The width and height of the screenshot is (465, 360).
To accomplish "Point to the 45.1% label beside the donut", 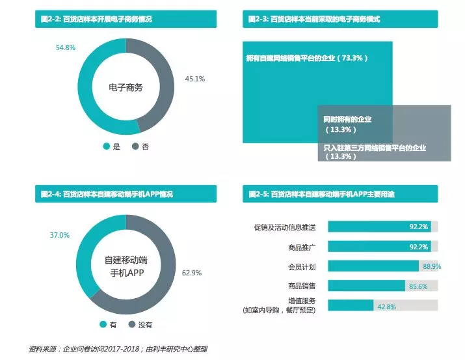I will click(x=195, y=79).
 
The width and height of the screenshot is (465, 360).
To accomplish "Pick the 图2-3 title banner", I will click(x=347, y=20).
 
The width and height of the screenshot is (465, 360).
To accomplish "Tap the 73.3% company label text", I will click(x=307, y=59).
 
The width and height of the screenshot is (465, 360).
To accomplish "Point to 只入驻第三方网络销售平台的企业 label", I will click(x=375, y=148).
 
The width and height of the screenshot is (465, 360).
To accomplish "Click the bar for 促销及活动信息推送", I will click(x=378, y=227).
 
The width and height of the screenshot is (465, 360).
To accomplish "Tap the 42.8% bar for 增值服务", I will click(x=351, y=306).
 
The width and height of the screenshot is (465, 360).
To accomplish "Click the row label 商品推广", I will click(x=302, y=247).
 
